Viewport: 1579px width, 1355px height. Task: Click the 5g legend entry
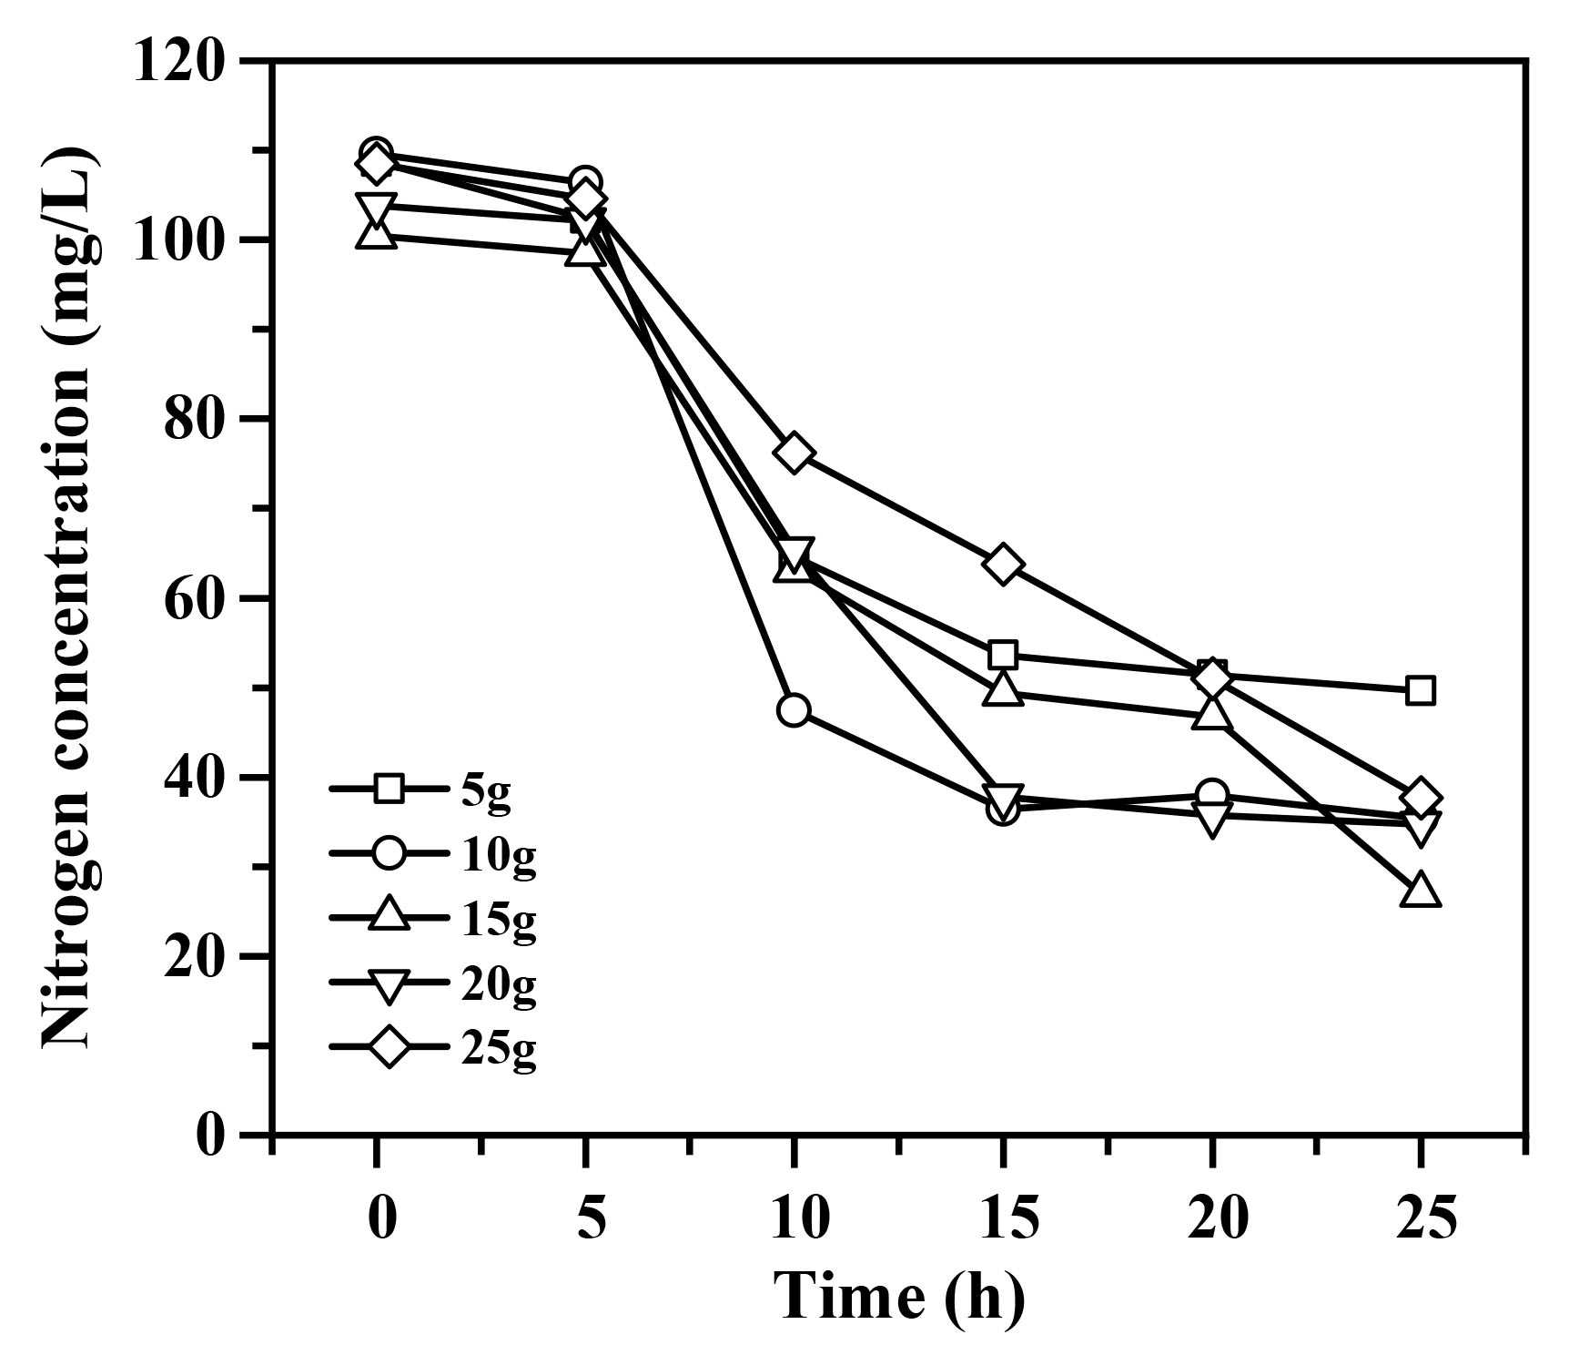click(x=432, y=789)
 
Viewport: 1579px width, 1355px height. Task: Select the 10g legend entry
click(x=432, y=854)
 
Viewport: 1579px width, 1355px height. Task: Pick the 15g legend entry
click(x=432, y=919)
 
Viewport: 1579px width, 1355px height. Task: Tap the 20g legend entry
click(x=432, y=983)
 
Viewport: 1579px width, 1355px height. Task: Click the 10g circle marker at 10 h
click(x=794, y=710)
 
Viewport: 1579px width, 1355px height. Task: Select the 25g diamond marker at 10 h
click(x=794, y=453)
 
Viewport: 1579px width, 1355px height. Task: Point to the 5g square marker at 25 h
click(x=1420, y=690)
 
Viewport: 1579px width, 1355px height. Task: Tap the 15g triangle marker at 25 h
click(x=1421, y=891)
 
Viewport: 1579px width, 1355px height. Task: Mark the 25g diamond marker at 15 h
click(x=1003, y=565)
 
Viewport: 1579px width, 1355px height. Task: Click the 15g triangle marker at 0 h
click(x=376, y=234)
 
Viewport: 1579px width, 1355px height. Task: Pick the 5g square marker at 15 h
click(x=1003, y=655)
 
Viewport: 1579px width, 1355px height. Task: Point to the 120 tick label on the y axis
click(x=178, y=63)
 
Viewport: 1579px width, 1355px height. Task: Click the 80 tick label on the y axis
click(x=193, y=420)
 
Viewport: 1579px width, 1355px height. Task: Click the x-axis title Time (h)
click(x=898, y=1297)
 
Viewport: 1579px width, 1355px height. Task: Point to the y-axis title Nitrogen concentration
click(x=69, y=596)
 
